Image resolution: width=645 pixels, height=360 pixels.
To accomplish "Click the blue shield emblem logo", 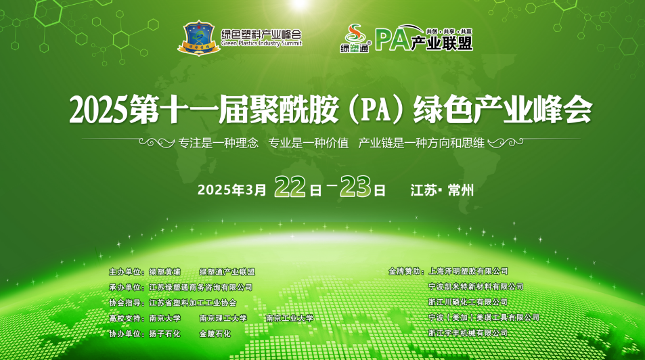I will point(199,39).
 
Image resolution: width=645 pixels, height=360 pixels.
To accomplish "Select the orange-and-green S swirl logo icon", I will point(355,34).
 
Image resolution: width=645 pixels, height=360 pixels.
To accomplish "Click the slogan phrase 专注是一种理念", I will point(219,143).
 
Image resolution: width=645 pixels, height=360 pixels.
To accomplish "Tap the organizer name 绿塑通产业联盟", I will point(227,271).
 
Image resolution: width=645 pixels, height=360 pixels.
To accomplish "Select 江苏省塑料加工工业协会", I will point(193,302).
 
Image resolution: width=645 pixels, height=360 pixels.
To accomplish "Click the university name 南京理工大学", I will point(223,318).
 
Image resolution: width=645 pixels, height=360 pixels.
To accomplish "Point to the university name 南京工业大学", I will point(290,318).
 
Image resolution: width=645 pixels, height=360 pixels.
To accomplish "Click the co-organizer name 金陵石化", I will point(215,334).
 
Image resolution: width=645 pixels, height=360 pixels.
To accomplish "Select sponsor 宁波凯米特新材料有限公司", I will point(476,286).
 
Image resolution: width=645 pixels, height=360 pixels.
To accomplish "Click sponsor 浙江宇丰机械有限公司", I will point(468,333).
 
